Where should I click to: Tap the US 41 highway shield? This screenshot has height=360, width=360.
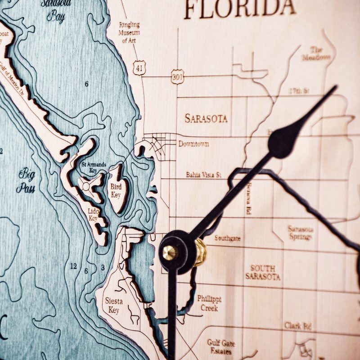pos(139,67)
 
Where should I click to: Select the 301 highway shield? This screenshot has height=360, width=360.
pos(178,76)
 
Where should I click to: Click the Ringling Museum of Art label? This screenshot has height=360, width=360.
pos(130,32)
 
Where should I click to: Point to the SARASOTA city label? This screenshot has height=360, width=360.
pos(206,118)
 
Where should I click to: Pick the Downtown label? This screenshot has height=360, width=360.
pos(193,144)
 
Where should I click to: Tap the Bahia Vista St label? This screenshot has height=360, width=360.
pos(204,175)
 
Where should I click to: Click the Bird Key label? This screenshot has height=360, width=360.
pos(116,190)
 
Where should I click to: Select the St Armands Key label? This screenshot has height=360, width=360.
pos(94,167)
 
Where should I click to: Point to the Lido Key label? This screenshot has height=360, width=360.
pos(93,214)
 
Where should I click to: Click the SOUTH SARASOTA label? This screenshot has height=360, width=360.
pos(263,272)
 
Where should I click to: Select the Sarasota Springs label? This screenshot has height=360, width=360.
pos(301,233)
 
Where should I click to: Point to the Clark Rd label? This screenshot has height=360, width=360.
pos(298,325)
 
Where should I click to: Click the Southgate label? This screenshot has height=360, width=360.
pos(227,238)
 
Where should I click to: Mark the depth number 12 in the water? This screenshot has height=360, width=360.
pos(73,266)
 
